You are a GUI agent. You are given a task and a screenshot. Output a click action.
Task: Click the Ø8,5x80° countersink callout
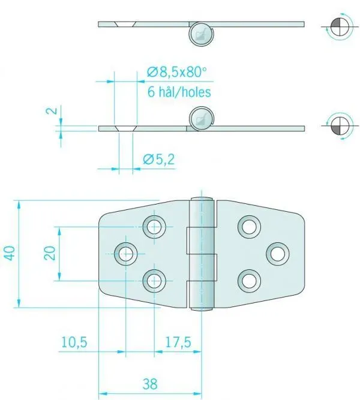(176, 72)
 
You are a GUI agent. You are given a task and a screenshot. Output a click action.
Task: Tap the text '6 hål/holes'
(179, 92)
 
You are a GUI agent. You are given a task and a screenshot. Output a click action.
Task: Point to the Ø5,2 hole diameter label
(159, 160)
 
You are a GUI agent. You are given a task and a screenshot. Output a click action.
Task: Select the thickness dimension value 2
(52, 111)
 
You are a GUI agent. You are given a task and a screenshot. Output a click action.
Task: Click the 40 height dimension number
(10, 253)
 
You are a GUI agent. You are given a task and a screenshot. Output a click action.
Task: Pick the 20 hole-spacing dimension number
(50, 253)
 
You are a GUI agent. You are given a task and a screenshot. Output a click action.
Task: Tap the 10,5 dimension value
(74, 342)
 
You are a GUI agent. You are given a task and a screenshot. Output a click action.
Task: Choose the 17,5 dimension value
(178, 342)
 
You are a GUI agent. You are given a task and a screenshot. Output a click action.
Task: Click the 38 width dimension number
(150, 384)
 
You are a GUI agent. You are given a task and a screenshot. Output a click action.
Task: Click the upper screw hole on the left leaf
(154, 227)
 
